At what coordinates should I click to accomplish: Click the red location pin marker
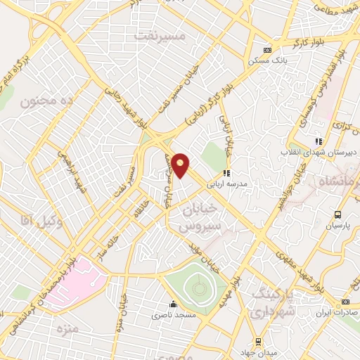click(181, 166)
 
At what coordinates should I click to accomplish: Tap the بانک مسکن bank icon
click(266, 51)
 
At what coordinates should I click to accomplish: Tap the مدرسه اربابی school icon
click(226, 172)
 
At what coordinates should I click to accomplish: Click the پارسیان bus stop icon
click(338, 214)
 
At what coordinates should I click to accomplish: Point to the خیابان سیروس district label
click(200, 219)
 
